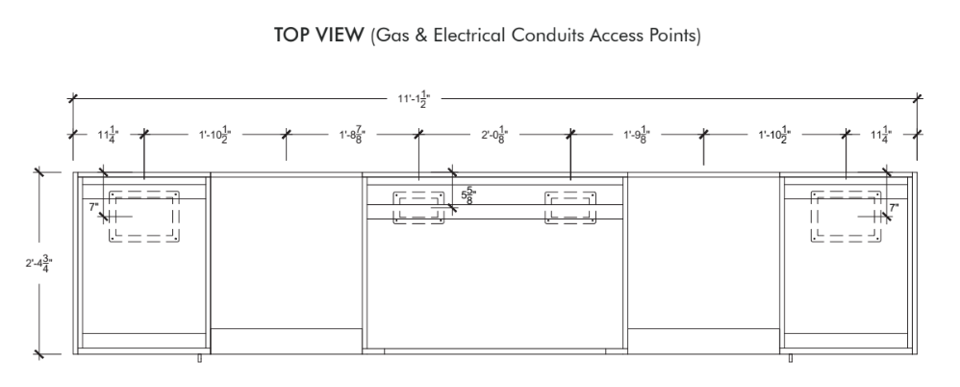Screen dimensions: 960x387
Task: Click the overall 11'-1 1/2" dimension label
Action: [415, 99]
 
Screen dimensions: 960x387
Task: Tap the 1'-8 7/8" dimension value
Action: [353, 135]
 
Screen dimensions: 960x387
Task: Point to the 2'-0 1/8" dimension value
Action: [494, 135]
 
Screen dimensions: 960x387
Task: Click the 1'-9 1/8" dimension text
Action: [637, 135]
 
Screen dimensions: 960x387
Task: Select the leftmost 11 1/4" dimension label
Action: [109, 135]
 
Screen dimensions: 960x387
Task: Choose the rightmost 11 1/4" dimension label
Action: [882, 135]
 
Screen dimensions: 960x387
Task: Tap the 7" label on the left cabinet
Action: [93, 207]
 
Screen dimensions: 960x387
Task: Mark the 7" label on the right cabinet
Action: [894, 208]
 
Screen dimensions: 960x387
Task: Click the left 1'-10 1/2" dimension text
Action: [215, 135]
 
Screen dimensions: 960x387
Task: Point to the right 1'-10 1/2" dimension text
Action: [775, 135]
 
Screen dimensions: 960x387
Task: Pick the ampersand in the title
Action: [422, 36]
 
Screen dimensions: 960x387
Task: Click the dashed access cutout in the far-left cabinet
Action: [144, 217]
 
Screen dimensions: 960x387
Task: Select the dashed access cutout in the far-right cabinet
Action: [846, 217]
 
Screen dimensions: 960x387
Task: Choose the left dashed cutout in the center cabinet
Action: [418, 208]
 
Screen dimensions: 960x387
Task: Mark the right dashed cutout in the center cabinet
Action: [570, 208]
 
